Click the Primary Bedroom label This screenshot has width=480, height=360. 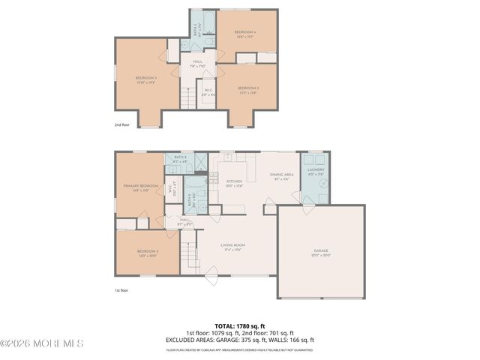pyautogui.click(x=141, y=187)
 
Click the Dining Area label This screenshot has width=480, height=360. pyautogui.click(x=281, y=177)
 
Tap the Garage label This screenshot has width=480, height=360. pyautogui.click(x=321, y=253)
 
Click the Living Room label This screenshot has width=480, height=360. pyautogui.click(x=233, y=247)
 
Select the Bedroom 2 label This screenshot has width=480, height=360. pyautogui.click(x=147, y=253)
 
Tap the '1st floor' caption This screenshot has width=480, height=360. pyautogui.click(x=121, y=290)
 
